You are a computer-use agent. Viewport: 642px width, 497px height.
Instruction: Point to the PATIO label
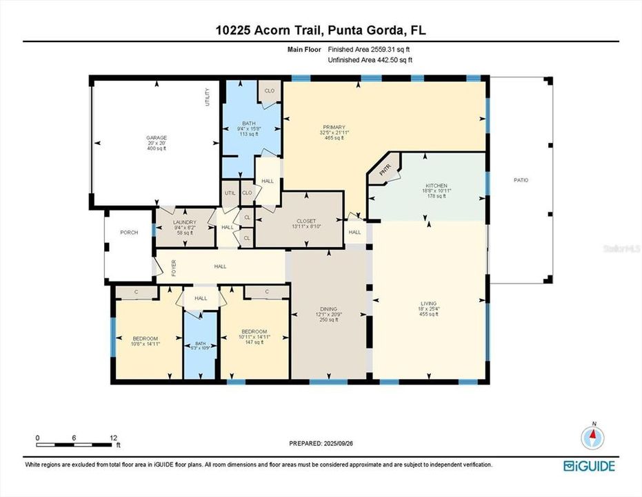[521, 180]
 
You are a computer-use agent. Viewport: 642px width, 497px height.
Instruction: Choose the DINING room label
[328, 309]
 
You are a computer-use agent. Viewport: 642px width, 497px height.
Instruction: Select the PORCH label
[129, 233]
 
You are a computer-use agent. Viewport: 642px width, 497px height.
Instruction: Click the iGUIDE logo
[590, 465]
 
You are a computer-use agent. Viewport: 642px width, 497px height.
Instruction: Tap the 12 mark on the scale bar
[114, 438]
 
